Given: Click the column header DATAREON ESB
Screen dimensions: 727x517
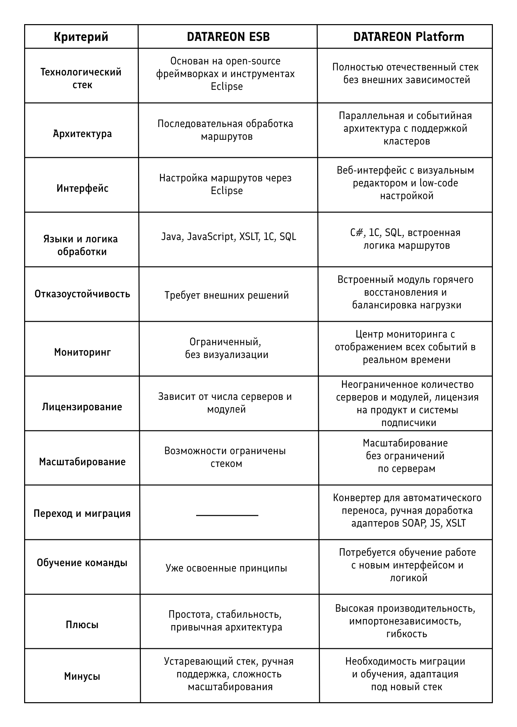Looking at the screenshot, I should pyautogui.click(x=228, y=37).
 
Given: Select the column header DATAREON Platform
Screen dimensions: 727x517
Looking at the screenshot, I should pyautogui.click(x=408, y=37).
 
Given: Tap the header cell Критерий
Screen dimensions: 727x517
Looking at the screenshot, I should pyautogui.click(x=81, y=37).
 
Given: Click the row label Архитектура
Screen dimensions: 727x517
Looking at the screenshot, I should pyautogui.click(x=82, y=134).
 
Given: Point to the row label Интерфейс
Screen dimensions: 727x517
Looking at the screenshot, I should pyautogui.click(x=82, y=188).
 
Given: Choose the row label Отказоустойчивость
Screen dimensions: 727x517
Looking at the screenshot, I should pyautogui.click(x=82, y=294).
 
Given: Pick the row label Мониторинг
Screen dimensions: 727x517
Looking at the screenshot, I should pyautogui.click(x=82, y=352).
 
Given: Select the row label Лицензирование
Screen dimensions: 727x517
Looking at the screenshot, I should pyautogui.click(x=82, y=407).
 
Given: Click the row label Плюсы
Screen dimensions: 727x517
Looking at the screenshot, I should pyautogui.click(x=82, y=625).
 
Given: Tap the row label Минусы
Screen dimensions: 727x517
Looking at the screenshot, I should pyautogui.click(x=82, y=676).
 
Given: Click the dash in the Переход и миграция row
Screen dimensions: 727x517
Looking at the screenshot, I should pyautogui.click(x=227, y=515).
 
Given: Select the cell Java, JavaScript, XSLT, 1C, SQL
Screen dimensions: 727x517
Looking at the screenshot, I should pyautogui.click(x=229, y=237).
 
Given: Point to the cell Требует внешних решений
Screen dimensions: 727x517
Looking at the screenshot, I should pyautogui.click(x=227, y=295).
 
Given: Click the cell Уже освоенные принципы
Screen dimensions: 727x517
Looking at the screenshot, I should pyautogui.click(x=226, y=568).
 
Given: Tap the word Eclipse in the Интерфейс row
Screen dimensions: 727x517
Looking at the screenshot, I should pyautogui.click(x=227, y=191).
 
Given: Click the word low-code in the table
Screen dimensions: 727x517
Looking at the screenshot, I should pyautogui.click(x=439, y=183).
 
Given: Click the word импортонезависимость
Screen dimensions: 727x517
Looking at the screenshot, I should pyautogui.click(x=405, y=621).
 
